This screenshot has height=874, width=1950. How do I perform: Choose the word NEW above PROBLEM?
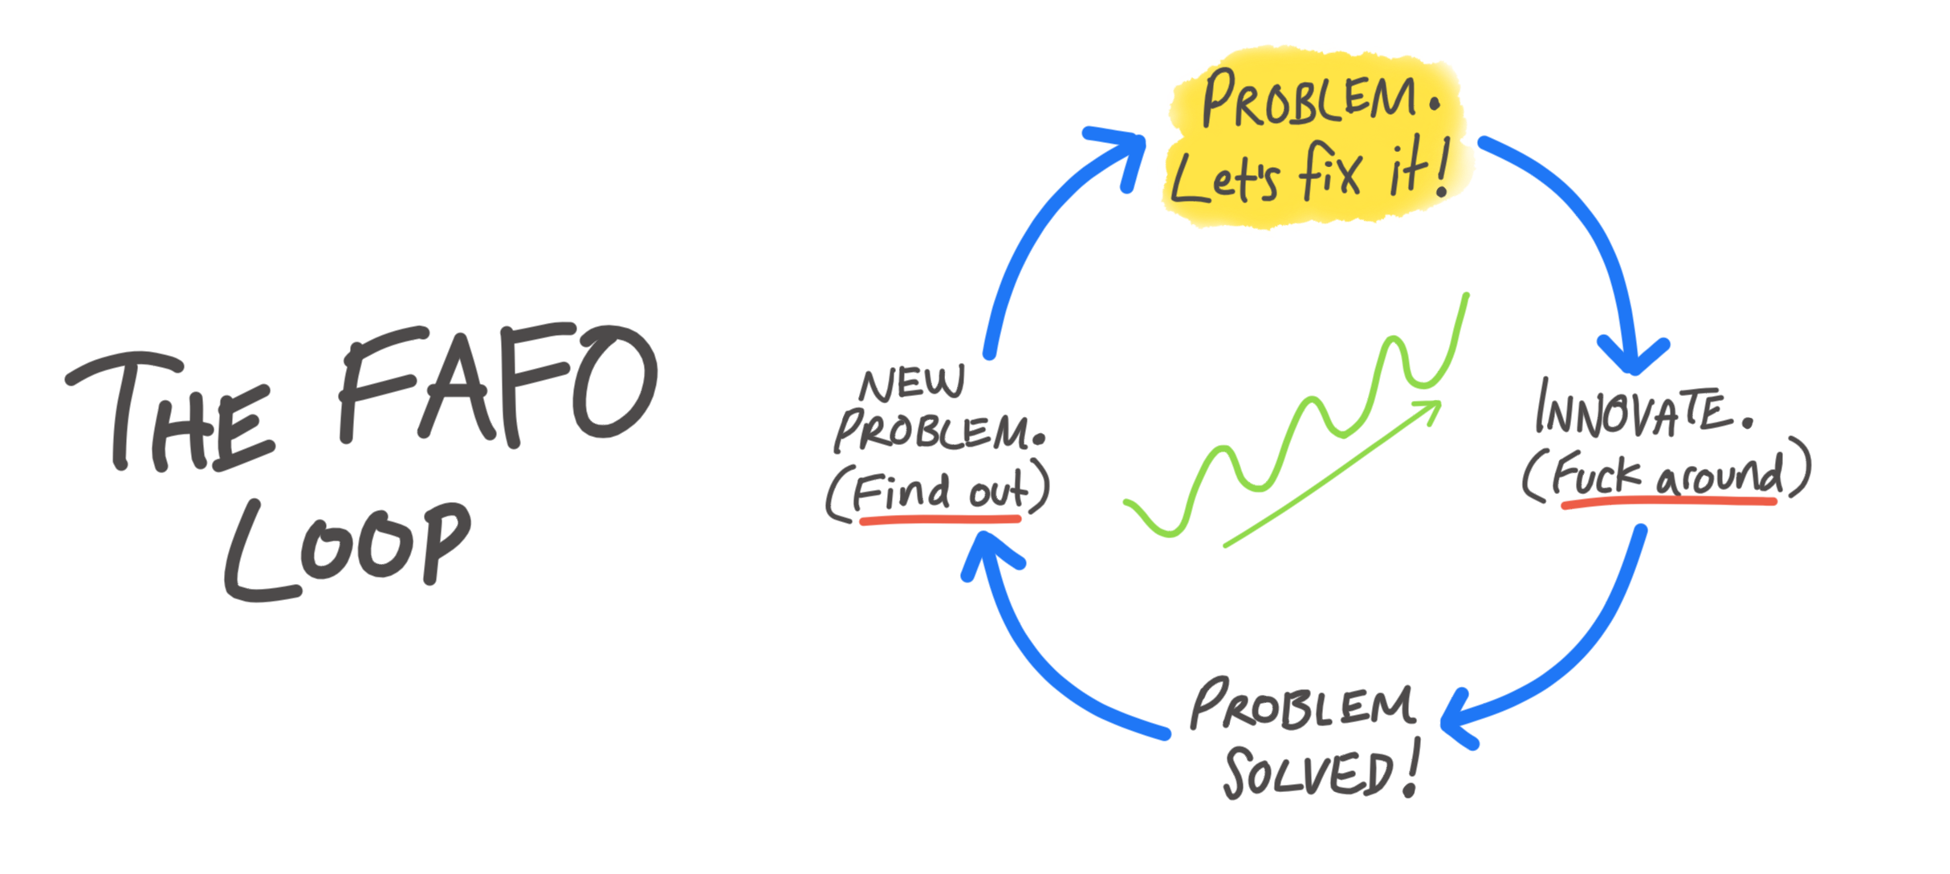coord(911,385)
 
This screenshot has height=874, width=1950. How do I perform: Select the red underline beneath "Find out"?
coord(939,520)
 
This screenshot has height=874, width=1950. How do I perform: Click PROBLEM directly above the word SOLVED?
coord(1301,706)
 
